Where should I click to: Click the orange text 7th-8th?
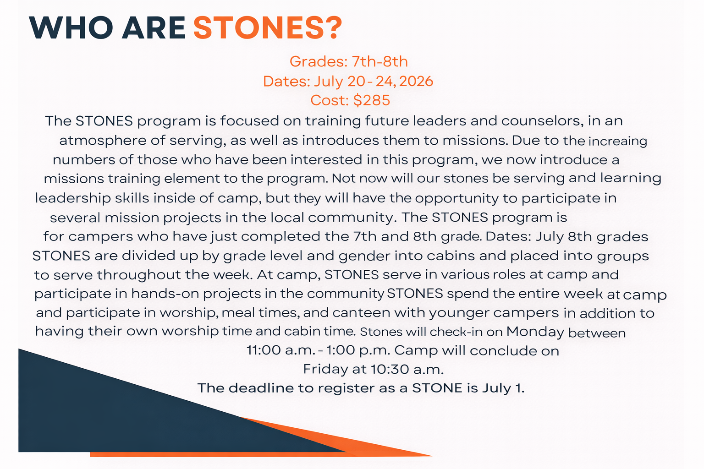379,61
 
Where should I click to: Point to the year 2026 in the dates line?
416,81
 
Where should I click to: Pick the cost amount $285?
372,100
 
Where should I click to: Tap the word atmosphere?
103,141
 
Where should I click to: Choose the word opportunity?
456,198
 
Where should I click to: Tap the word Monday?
535,332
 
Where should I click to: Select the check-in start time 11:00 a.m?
280,350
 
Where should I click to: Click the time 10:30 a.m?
407,370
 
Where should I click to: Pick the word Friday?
325,370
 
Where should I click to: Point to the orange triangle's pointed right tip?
432,456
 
